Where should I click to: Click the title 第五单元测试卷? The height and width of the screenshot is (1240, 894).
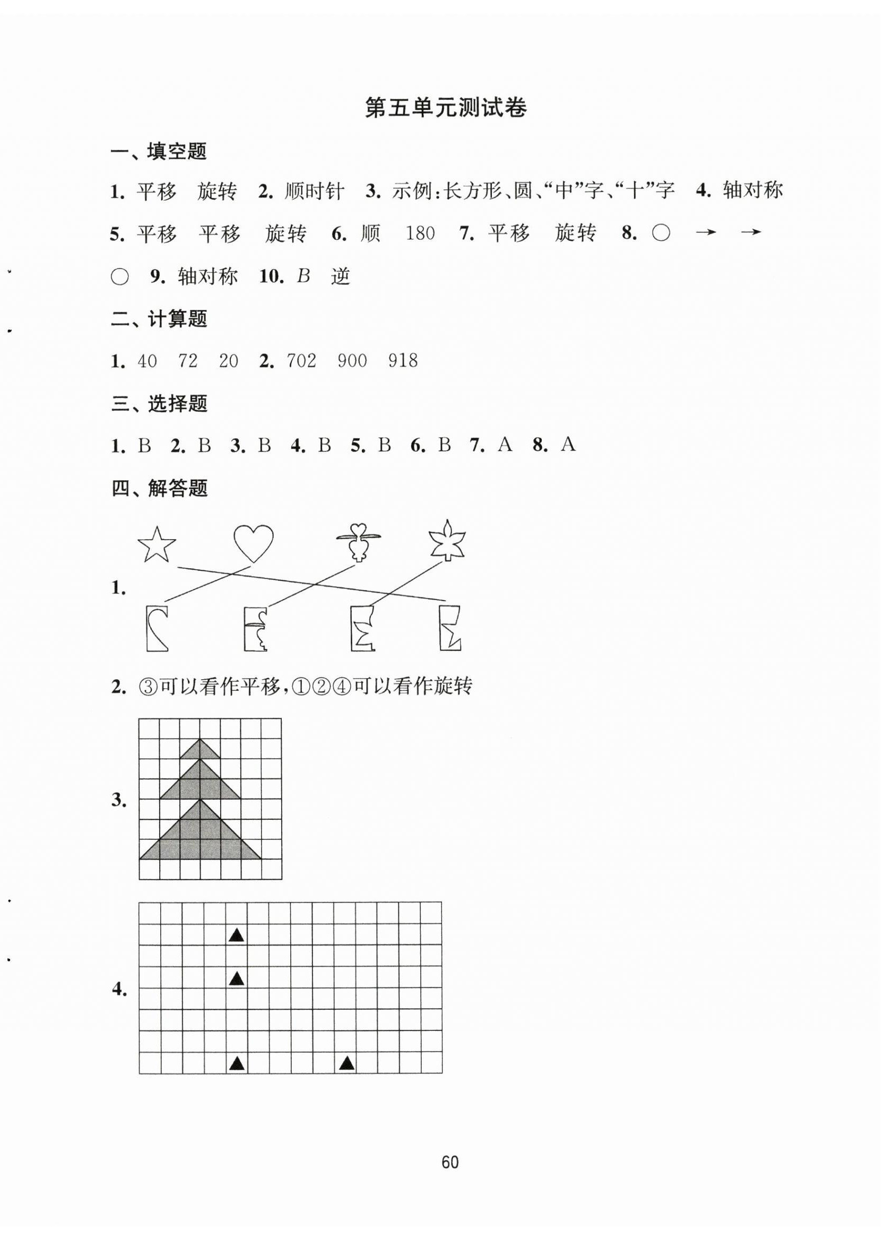pos(446,108)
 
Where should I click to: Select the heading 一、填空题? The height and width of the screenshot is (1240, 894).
pos(159,151)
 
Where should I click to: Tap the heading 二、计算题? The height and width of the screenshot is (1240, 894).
pos(159,319)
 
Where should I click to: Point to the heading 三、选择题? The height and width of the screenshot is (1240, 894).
pos(159,403)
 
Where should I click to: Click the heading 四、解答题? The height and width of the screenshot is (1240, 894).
pos(159,488)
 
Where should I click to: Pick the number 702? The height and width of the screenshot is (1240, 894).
pos(301,361)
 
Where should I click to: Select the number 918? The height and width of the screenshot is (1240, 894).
pos(403,361)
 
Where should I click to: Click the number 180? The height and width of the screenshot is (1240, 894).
pos(420,233)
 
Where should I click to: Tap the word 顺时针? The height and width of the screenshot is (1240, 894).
pos(315,192)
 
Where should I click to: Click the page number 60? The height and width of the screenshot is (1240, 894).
pos(449,1163)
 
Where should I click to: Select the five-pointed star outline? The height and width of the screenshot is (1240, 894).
pos(157,544)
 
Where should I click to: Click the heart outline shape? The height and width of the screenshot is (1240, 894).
pos(253,543)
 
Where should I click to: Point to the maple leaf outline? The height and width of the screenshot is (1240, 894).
pos(447,541)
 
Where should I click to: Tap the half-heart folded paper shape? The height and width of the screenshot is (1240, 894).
pos(157,628)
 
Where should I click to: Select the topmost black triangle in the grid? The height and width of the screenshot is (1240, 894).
pos(236,935)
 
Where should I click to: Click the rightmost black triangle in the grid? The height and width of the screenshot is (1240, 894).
pos(346,1063)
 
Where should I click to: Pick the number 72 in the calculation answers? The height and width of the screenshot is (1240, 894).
pos(187,361)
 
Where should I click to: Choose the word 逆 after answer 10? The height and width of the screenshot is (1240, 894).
pos(340,276)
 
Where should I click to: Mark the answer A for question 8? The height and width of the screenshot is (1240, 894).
pos(568,445)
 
